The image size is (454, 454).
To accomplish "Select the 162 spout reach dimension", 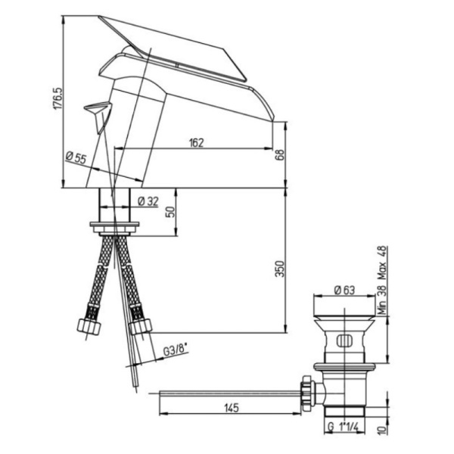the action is click(196, 143).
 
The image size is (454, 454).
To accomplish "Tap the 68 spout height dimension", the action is click(281, 155).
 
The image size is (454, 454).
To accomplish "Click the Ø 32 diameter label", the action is click(148, 201).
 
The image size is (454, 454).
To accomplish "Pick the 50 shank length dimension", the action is click(172, 212).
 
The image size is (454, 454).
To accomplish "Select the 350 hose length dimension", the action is click(280, 269).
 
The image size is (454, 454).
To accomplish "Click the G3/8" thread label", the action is click(176, 350).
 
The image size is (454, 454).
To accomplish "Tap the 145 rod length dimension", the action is click(232, 408).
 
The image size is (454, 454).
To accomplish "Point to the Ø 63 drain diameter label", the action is click(344, 290).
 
